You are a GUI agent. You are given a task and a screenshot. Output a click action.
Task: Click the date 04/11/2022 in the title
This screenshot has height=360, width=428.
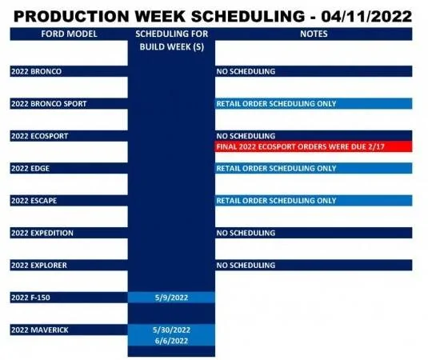tap(366, 16)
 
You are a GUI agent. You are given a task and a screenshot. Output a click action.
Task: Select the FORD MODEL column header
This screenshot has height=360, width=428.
tap(69, 34)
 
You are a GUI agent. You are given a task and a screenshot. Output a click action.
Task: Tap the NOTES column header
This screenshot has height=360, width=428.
tap(314, 34)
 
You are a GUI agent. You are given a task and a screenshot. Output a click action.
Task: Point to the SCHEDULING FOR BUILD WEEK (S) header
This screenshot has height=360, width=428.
tap(172, 40)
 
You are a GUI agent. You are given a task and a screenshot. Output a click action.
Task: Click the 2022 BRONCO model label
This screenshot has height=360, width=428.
tap(36, 71)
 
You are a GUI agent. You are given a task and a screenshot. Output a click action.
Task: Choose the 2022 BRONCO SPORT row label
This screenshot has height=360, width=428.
tap(49, 104)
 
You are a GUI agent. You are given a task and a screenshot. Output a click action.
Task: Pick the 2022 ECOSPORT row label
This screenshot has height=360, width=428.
tap(39, 136)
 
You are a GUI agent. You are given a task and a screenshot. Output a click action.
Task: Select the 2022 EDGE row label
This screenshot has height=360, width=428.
tap(30, 169)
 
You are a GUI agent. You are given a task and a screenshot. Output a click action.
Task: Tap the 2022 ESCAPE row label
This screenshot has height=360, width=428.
tap(34, 201)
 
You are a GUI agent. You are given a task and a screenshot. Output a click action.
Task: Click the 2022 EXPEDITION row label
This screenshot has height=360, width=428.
tap(42, 233)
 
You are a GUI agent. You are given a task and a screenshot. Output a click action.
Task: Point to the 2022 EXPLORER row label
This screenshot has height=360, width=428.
tap(39, 266)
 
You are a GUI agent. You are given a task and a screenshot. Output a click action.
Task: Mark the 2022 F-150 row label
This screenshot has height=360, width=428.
tap(30, 298)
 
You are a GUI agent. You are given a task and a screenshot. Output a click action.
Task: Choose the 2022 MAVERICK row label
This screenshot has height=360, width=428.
tap(40, 330)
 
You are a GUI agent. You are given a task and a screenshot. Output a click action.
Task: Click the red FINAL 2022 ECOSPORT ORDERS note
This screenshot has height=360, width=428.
tap(300, 147)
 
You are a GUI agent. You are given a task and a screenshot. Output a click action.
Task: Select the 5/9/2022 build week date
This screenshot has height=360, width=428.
tap(171, 298)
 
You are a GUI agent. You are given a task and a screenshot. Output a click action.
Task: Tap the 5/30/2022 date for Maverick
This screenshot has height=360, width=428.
tap(171, 330)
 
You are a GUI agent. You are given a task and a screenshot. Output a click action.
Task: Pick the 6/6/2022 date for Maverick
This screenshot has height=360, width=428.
tap(171, 341)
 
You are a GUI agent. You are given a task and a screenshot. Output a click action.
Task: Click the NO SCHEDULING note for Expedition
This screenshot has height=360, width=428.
tap(246, 233)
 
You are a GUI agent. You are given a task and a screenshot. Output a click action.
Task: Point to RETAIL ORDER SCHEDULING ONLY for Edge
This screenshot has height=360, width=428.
tap(276, 169)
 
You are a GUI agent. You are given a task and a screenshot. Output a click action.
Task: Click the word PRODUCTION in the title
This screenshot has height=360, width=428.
tap(71, 16)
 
